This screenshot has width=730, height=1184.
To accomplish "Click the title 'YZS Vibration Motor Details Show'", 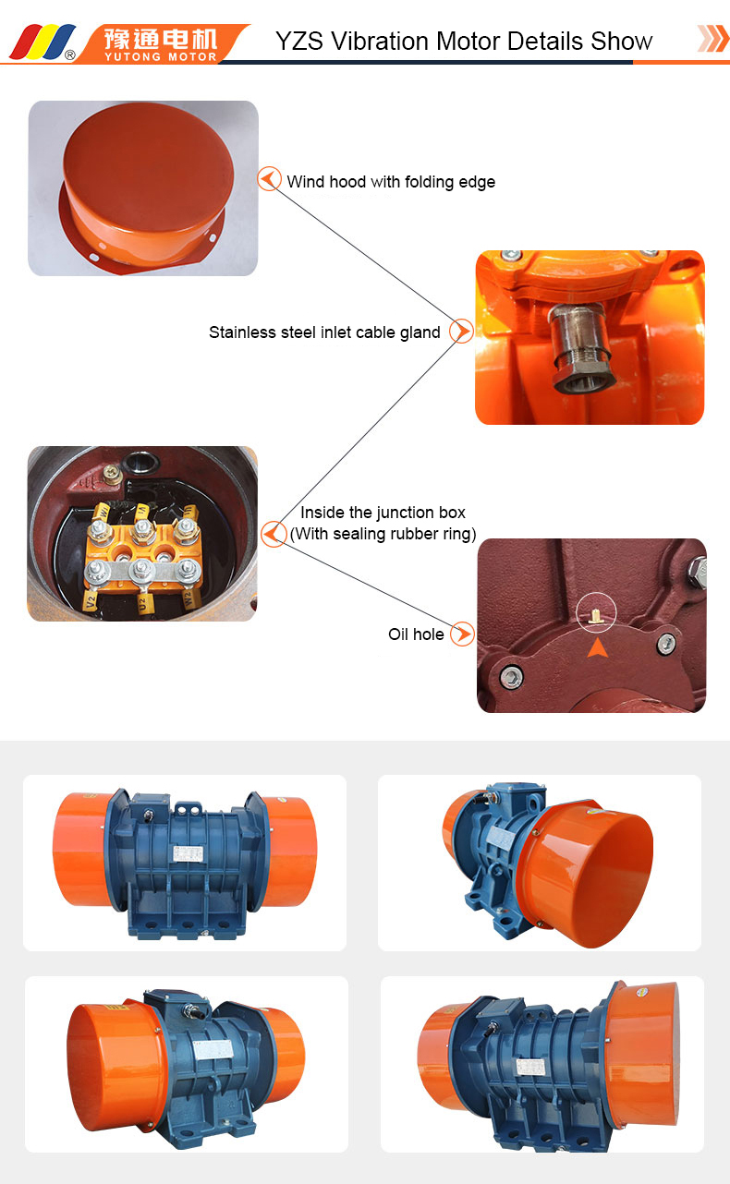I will [x=464, y=42].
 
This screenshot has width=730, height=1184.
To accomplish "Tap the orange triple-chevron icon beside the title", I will [x=712, y=39].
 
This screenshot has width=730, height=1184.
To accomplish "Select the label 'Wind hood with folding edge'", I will [x=391, y=182].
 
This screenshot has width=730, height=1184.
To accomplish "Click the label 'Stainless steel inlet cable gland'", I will [x=324, y=332].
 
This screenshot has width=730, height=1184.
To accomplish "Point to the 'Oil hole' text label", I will [x=416, y=634].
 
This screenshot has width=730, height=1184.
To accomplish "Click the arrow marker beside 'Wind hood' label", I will [x=269, y=179].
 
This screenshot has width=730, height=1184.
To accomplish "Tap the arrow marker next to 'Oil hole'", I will [x=462, y=634].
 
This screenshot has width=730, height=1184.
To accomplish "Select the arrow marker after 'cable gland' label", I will [x=461, y=331].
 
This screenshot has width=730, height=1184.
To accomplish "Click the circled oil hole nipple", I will [x=597, y=610].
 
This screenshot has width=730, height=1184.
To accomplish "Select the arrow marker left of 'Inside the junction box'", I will [x=273, y=533].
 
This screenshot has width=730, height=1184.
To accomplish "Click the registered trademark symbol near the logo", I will [x=70, y=54].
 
